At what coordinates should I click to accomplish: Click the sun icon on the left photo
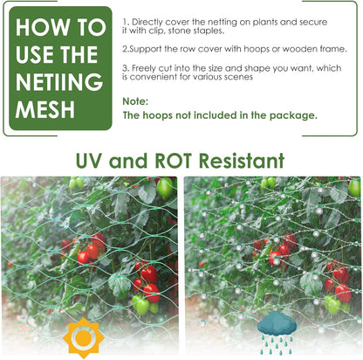[85, 336]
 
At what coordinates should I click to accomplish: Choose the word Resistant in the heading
[242, 161]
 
